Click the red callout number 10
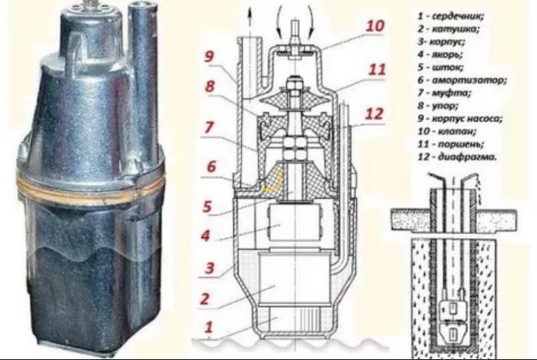[375, 25]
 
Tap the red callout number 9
[209, 57]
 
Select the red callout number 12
[374, 114]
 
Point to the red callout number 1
[209, 327]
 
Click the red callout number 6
[211, 167]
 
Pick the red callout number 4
[205, 236]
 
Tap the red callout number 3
[209, 268]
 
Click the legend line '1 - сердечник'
[451, 16]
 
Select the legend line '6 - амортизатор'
[462, 80]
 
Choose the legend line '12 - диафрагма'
[457, 157]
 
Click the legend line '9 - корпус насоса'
[460, 118]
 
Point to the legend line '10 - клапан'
[446, 131]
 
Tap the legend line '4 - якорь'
[440, 54]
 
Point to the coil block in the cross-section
[294, 279]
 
